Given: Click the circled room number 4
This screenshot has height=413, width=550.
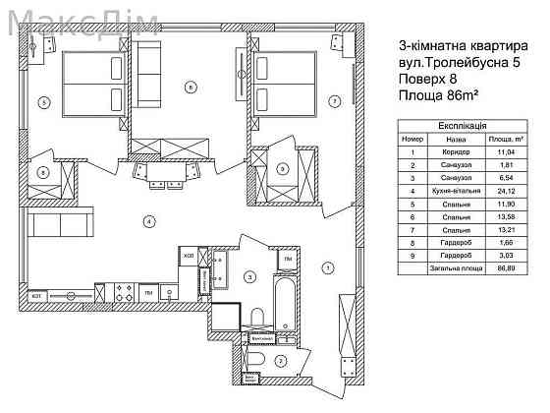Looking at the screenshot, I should [148, 221].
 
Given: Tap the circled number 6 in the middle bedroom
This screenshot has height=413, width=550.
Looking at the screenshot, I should [189, 88].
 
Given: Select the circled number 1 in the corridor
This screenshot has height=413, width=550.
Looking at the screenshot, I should [328, 265].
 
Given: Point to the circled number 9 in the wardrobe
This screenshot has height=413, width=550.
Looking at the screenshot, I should [282, 169].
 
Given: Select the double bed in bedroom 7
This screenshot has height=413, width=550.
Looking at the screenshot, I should [285, 84].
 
